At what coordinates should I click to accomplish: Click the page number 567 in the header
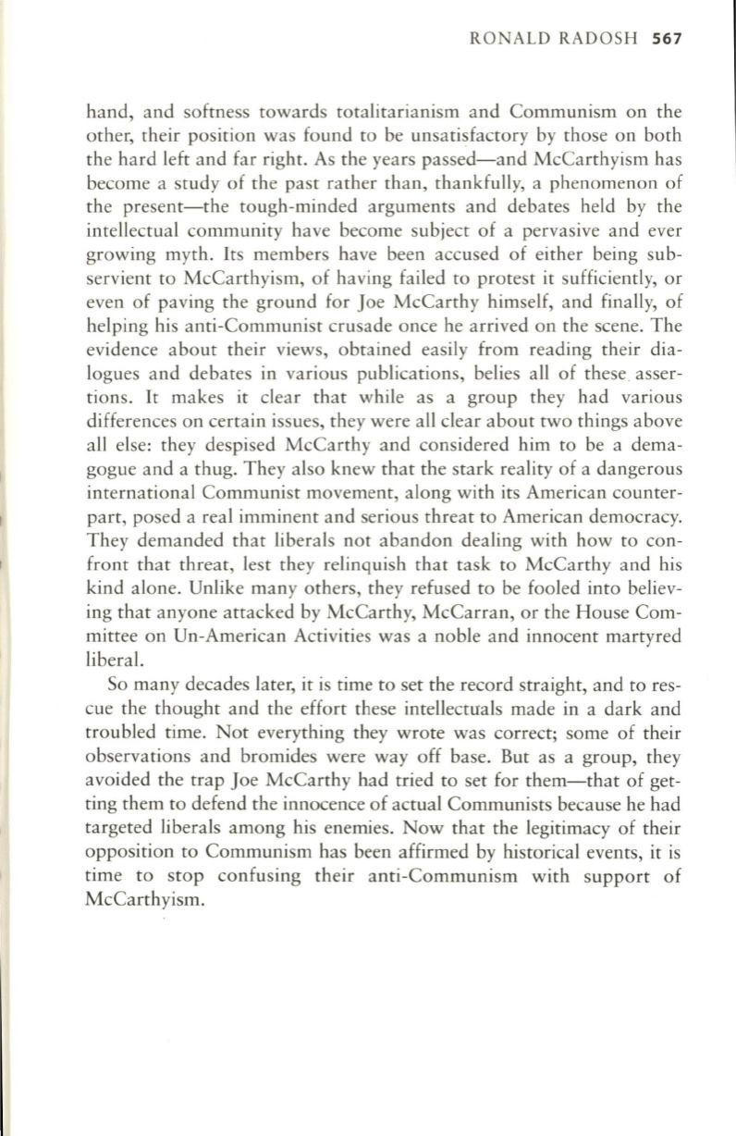tap(667, 40)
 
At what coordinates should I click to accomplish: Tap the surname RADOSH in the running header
tap(602, 40)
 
